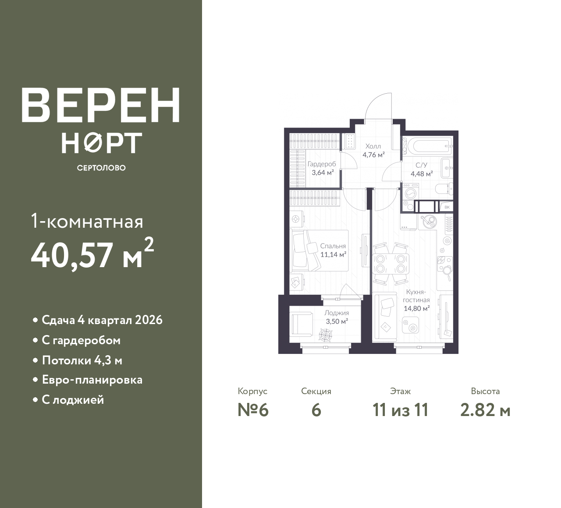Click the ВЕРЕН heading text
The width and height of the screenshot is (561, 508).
(101, 105)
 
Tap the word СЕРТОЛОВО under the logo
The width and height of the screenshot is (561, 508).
(101, 168)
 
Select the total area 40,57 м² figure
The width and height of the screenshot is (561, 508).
(92, 254)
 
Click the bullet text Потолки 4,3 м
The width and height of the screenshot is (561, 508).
(82, 360)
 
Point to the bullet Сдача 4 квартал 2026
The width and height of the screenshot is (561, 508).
(102, 320)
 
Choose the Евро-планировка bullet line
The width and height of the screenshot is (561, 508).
(92, 380)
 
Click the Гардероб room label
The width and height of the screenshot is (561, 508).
(322, 164)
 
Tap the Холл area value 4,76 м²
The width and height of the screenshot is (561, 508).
(373, 155)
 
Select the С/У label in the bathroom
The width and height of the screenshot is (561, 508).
(422, 165)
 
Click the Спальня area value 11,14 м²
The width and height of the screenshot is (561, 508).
(334, 254)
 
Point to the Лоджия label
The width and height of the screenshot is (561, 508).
(337, 313)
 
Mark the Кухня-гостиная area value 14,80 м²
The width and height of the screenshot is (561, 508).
(417, 308)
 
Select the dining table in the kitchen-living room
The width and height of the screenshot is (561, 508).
(391, 264)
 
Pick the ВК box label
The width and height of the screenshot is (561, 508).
(447, 207)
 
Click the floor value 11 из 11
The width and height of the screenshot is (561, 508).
(401, 410)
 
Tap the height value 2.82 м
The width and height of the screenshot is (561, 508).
(485, 410)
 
